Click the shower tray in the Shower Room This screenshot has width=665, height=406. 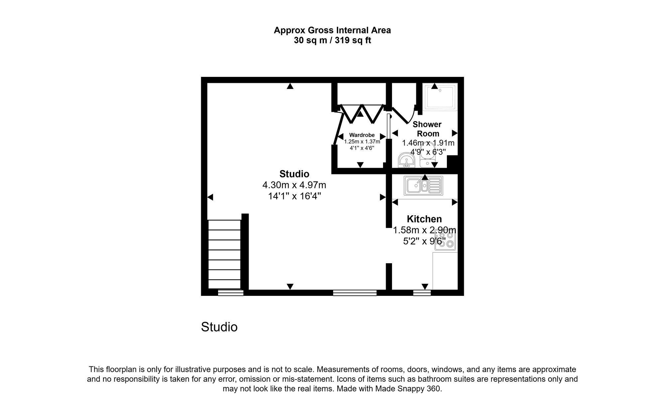coord(440,97)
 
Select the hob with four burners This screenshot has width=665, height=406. coord(445,240)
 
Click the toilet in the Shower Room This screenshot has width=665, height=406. coord(427,155)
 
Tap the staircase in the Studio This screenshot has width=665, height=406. coord(224,255)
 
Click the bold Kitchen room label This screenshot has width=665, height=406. coord(424,219)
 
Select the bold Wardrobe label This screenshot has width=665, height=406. coord(362,135)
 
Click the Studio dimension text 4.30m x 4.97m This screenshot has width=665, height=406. coord(294,185)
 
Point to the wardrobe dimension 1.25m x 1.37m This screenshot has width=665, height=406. coord(362,141)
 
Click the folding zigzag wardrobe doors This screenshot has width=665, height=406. coord(361,113)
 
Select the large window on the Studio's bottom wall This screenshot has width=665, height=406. coord(355,293)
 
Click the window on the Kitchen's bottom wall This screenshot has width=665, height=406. coord(422,293)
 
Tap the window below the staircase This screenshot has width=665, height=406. coord(230,293)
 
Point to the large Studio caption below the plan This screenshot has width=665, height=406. coord(219,327)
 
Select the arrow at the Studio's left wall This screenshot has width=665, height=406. coord(210,197)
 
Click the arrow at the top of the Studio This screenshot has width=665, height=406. coord(290,86)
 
